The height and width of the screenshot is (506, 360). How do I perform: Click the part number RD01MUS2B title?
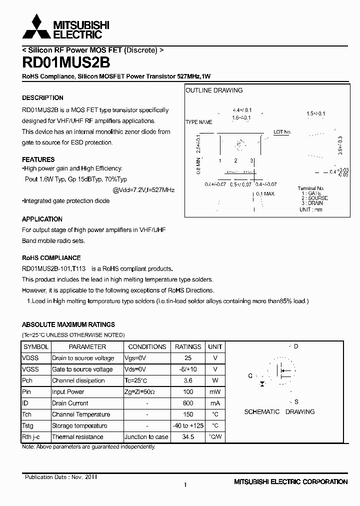(66, 62)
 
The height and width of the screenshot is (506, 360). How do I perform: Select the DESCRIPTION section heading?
(42, 98)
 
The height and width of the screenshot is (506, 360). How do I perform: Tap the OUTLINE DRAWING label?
(214, 90)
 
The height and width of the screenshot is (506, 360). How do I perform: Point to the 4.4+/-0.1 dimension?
(242, 110)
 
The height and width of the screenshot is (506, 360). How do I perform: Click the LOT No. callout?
(282, 132)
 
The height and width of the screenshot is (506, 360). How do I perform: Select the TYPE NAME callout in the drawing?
(198, 122)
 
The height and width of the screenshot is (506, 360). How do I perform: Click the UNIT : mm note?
(310, 209)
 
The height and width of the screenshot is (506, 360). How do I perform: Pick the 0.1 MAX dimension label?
(265, 193)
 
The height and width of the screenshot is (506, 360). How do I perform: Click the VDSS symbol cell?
(30, 358)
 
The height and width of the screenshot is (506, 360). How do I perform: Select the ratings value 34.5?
(187, 437)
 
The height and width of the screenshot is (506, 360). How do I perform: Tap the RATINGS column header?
(187, 346)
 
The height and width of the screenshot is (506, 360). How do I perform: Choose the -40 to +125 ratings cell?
(187, 425)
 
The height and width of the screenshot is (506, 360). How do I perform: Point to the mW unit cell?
(215, 392)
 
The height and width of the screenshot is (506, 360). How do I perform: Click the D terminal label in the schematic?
(296, 346)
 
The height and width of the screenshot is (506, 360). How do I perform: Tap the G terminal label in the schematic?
(250, 375)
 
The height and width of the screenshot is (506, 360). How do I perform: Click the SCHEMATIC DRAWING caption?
(279, 412)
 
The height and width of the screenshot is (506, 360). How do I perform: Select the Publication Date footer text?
(61, 477)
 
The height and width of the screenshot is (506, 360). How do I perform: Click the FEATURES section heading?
(38, 159)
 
